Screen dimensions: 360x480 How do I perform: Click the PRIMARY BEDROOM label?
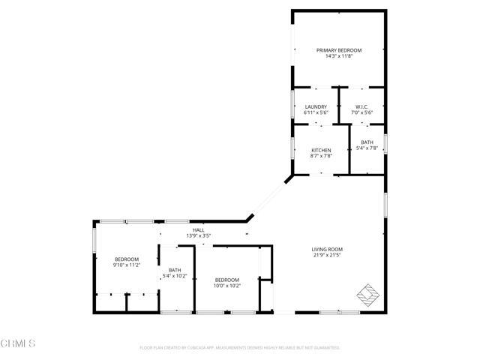[x=338, y=49]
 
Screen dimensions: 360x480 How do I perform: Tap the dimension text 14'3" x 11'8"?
[x=338, y=55]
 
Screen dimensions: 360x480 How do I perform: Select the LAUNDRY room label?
[x=316, y=106]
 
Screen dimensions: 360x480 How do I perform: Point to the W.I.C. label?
[x=361, y=106]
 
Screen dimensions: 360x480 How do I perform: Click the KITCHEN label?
[x=321, y=150]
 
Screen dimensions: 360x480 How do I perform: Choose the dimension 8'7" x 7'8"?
[x=321, y=156]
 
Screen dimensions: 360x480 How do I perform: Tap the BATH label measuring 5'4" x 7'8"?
[x=367, y=142]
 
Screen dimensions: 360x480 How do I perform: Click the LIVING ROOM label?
[x=327, y=249]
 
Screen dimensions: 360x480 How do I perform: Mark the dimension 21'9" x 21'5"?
[x=327, y=255]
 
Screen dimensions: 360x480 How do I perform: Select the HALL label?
[x=198, y=230]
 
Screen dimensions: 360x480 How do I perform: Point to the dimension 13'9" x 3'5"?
[x=198, y=236]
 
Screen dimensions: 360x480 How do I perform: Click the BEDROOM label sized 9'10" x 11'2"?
[x=127, y=259]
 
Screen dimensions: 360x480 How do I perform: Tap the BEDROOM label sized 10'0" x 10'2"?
[x=227, y=279]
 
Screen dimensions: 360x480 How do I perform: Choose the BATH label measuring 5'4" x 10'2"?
[x=175, y=270]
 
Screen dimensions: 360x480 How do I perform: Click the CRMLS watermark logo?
[x=19, y=343]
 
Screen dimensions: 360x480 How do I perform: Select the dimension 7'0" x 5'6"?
[x=361, y=112]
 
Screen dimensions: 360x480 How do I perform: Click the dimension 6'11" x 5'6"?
[x=316, y=112]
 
